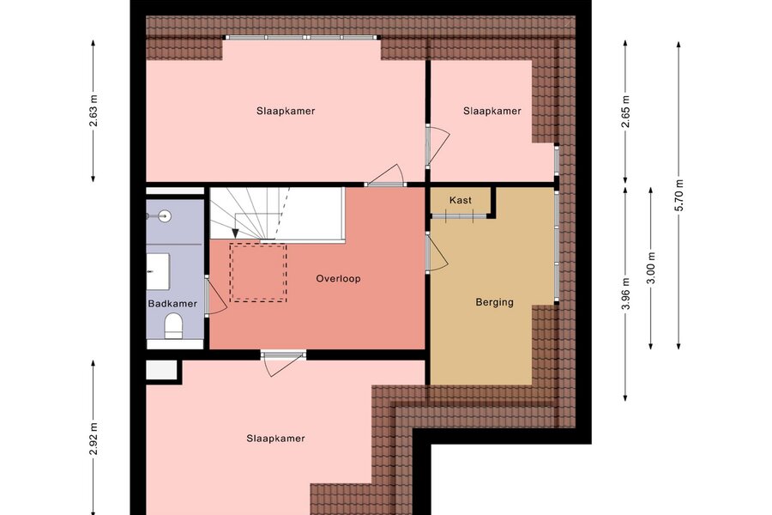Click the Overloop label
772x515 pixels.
coord(338,278)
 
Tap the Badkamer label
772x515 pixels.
coord(172,304)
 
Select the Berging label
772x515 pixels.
coord(494,302)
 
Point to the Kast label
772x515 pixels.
coord(461,200)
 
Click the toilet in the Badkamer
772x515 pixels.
coord(173,325)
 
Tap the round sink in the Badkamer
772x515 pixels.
coord(164,215)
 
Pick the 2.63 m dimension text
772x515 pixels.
coord(93,111)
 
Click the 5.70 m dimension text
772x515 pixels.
coord(679,195)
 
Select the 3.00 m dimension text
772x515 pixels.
coord(651,268)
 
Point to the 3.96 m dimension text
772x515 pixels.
coord(626,294)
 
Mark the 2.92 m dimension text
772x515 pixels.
coord(93,439)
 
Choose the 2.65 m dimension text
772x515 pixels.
coord(626,111)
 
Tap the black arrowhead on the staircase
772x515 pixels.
coord(235,233)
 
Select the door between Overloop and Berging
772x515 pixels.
coord(437,252)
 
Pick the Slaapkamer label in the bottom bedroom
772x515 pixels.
coord(275,439)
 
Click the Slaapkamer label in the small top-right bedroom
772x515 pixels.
coord(492,111)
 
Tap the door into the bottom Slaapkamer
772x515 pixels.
coord(283,363)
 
